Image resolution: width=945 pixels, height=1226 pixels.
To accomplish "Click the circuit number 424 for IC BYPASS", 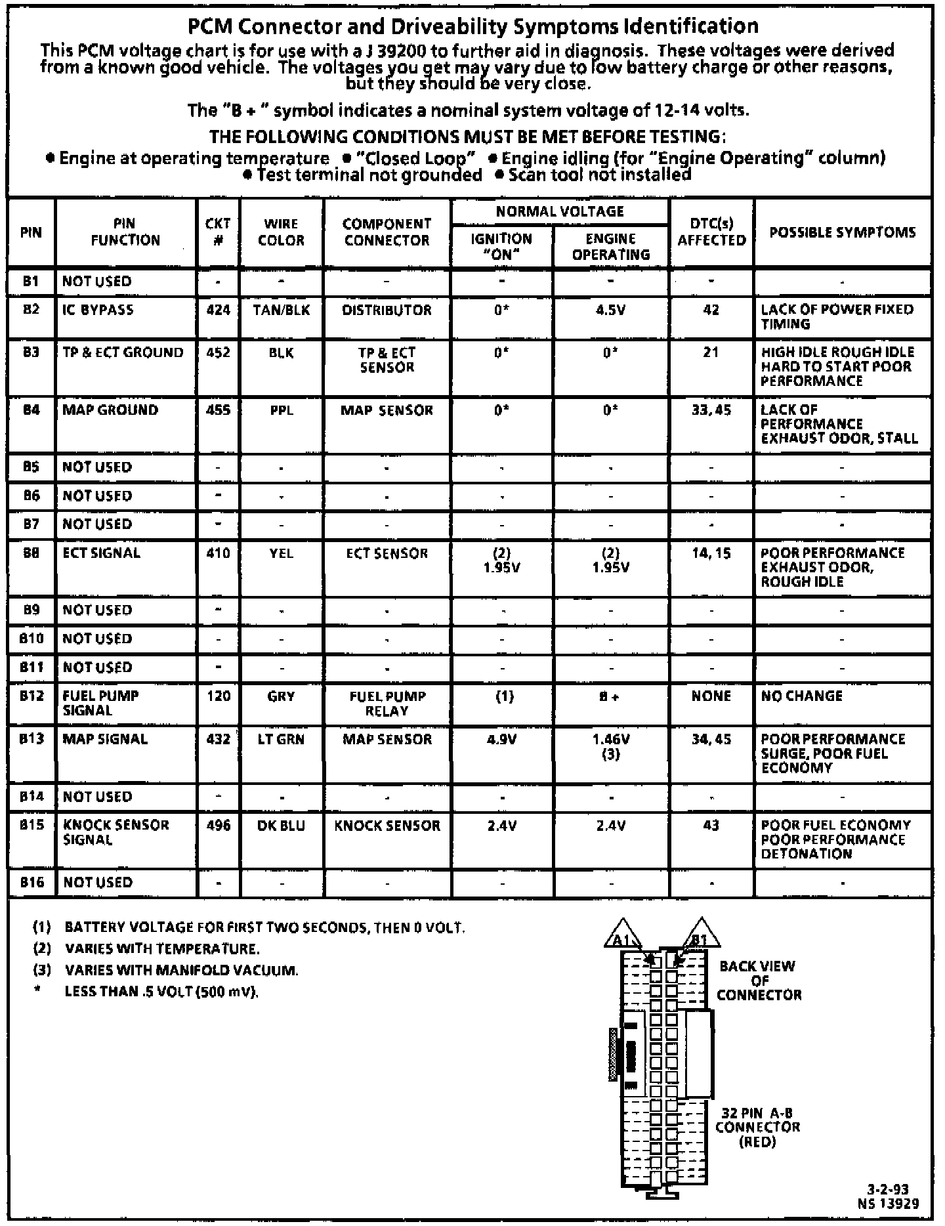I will [x=218, y=310].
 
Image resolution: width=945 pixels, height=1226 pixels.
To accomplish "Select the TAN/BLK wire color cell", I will [x=281, y=310].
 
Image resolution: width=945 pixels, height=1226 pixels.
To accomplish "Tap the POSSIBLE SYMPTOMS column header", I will [x=842, y=232].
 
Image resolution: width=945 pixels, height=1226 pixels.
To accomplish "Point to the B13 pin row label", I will [x=31, y=739].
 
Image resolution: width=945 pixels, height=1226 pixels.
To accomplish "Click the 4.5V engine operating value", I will [x=610, y=310].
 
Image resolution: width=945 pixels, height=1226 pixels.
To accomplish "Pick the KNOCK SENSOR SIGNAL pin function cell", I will [x=115, y=832].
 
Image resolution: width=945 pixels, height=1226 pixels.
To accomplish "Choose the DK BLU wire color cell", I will [x=281, y=826].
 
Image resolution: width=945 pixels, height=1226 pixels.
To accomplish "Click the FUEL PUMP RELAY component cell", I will [x=387, y=704].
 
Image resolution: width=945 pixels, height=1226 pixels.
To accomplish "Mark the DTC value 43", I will [x=711, y=826].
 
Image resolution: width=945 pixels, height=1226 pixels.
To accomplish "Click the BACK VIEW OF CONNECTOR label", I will [x=758, y=981].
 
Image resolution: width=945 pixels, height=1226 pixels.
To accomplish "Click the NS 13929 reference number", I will [x=888, y=1203].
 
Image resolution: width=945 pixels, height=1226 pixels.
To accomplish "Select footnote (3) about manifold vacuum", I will [x=181, y=970].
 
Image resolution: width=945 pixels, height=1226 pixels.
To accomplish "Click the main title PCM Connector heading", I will [x=472, y=26].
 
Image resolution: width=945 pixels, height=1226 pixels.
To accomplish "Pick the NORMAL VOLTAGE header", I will [x=560, y=211].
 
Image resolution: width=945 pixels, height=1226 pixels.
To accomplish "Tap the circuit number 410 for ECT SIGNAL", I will [x=218, y=553].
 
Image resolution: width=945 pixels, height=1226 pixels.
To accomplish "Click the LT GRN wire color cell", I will [x=281, y=739].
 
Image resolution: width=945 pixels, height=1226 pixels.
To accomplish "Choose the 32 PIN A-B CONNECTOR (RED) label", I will [x=757, y=1127].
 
